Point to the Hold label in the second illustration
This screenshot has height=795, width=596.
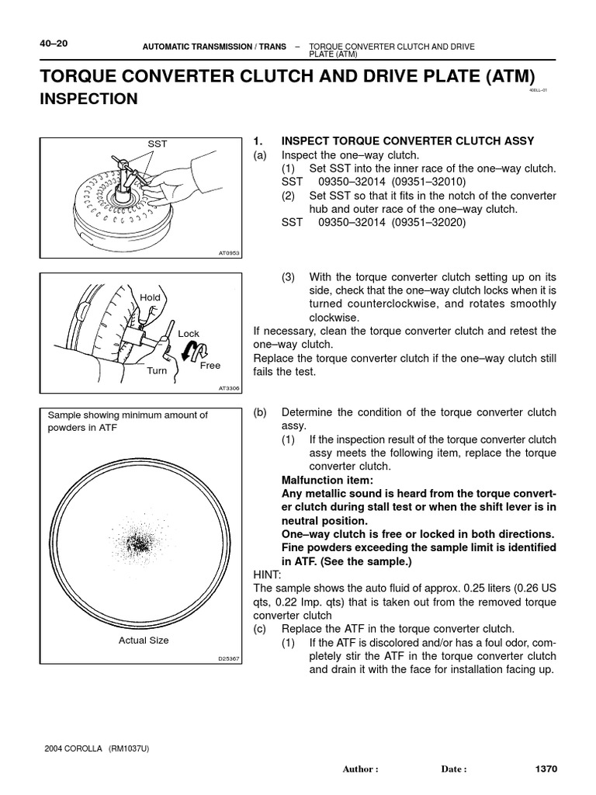pyautogui.click(x=150, y=297)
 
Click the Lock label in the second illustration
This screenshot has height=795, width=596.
pyautogui.click(x=189, y=333)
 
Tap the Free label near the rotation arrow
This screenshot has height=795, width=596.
pyautogui.click(x=210, y=366)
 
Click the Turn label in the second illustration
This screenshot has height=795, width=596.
pyautogui.click(x=157, y=371)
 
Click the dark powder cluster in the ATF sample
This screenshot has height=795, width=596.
pyautogui.click(x=140, y=541)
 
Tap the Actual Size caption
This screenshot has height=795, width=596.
pyautogui.click(x=143, y=641)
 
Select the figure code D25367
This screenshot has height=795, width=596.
pyautogui.click(x=229, y=660)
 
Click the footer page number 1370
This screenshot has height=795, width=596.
pyautogui.click(x=546, y=769)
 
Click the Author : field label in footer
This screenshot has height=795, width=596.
pyautogui.click(x=360, y=770)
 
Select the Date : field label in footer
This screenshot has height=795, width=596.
pyautogui.click(x=454, y=770)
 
